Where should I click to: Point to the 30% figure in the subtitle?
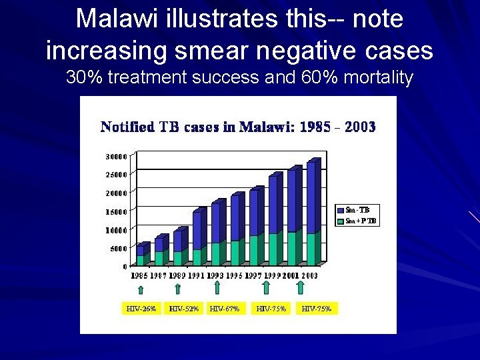pos(85,78)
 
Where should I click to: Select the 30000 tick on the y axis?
pos(116,157)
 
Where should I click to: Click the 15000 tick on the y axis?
pos(116,212)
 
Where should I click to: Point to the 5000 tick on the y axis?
pos(118,249)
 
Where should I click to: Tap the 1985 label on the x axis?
pos(139,275)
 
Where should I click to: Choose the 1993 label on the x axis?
pos(215,275)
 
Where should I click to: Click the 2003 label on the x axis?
pos(309,275)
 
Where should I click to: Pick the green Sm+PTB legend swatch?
pos(341,221)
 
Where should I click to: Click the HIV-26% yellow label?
pos(141,309)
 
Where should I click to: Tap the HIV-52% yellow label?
pos(184,309)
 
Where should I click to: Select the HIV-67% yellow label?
pos(225,309)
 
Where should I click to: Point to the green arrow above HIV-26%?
pos(140,289)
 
